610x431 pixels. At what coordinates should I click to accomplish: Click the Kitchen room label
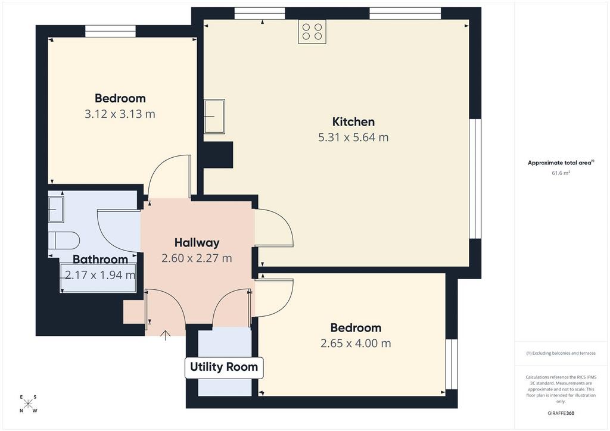coord(353,121)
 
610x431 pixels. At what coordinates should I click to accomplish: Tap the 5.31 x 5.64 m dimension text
coord(353,137)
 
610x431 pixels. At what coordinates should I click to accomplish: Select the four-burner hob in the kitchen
coord(312,32)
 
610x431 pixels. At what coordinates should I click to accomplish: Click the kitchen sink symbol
coord(214,116)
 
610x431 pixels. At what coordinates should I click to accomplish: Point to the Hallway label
coord(197,243)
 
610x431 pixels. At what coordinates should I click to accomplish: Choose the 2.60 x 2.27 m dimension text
coord(197,258)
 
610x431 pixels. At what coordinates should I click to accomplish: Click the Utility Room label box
coord(224,367)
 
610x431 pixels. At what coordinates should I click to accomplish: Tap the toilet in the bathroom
coord(64,241)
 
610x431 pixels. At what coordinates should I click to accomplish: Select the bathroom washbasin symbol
coord(56,209)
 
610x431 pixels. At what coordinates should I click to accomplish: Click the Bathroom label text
coord(100,259)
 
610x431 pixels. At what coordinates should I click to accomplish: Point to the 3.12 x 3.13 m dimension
coord(120,114)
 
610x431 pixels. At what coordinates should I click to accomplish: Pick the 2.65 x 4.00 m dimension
coord(356,343)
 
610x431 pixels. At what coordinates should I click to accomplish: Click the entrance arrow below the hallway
coord(166,335)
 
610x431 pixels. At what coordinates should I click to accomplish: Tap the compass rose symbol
coord(28,404)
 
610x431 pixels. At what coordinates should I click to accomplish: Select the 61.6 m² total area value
coord(561,173)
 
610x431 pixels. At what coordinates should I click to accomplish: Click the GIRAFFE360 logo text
coord(561,413)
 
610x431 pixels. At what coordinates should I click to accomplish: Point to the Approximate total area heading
coord(561,163)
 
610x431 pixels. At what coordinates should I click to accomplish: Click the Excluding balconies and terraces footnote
coord(561,353)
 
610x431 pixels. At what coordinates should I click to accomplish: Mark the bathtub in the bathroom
coord(98,278)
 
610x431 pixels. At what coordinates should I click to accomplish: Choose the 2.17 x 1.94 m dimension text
coord(100,275)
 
